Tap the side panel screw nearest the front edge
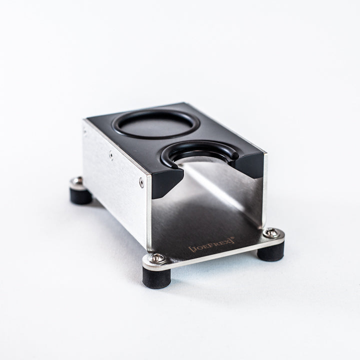[142, 183]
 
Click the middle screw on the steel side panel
[111, 155]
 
